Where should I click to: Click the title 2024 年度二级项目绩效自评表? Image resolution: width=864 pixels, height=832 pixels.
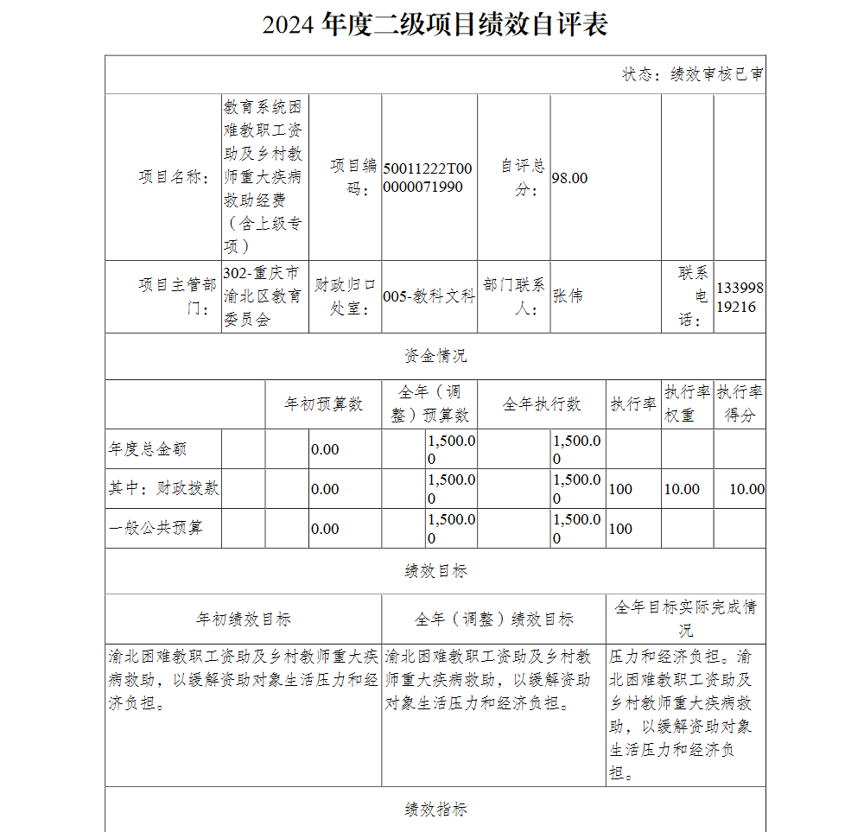click(x=435, y=25)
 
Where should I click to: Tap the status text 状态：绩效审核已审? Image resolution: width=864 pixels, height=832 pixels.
click(x=692, y=74)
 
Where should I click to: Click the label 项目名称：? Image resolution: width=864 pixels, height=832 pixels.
click(x=174, y=177)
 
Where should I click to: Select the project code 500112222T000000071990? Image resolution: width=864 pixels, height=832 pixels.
click(x=428, y=178)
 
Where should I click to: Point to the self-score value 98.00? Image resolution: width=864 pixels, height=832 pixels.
click(x=569, y=178)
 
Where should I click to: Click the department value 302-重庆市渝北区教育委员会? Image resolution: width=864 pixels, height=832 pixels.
click(x=262, y=296)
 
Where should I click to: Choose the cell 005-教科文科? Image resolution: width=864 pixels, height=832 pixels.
click(x=429, y=296)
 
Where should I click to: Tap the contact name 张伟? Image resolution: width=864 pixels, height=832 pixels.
click(x=568, y=296)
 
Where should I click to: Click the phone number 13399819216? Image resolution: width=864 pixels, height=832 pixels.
click(x=740, y=297)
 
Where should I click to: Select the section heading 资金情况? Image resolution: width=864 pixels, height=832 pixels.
click(x=435, y=356)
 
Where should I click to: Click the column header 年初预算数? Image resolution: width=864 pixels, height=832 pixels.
click(x=324, y=404)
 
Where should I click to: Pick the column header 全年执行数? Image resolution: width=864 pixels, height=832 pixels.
click(x=542, y=404)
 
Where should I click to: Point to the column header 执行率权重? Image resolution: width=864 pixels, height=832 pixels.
click(x=687, y=403)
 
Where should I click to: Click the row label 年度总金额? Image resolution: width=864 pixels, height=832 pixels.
click(x=148, y=449)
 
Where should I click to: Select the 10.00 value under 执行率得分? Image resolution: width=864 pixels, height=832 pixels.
click(x=746, y=489)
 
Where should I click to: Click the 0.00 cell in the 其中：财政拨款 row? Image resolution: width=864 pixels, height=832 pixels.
click(x=325, y=489)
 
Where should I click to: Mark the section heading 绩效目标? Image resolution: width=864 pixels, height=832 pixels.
click(x=435, y=571)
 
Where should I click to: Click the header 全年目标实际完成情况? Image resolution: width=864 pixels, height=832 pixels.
click(x=686, y=618)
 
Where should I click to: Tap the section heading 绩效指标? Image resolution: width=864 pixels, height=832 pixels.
click(x=435, y=810)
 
